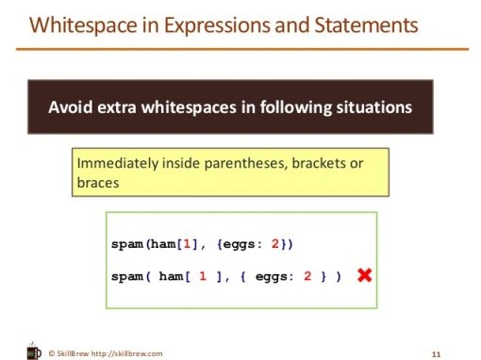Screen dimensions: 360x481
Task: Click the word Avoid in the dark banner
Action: tap(69, 107)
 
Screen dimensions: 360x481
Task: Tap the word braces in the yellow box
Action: tap(97, 183)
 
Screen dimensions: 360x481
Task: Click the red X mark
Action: tap(363, 275)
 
